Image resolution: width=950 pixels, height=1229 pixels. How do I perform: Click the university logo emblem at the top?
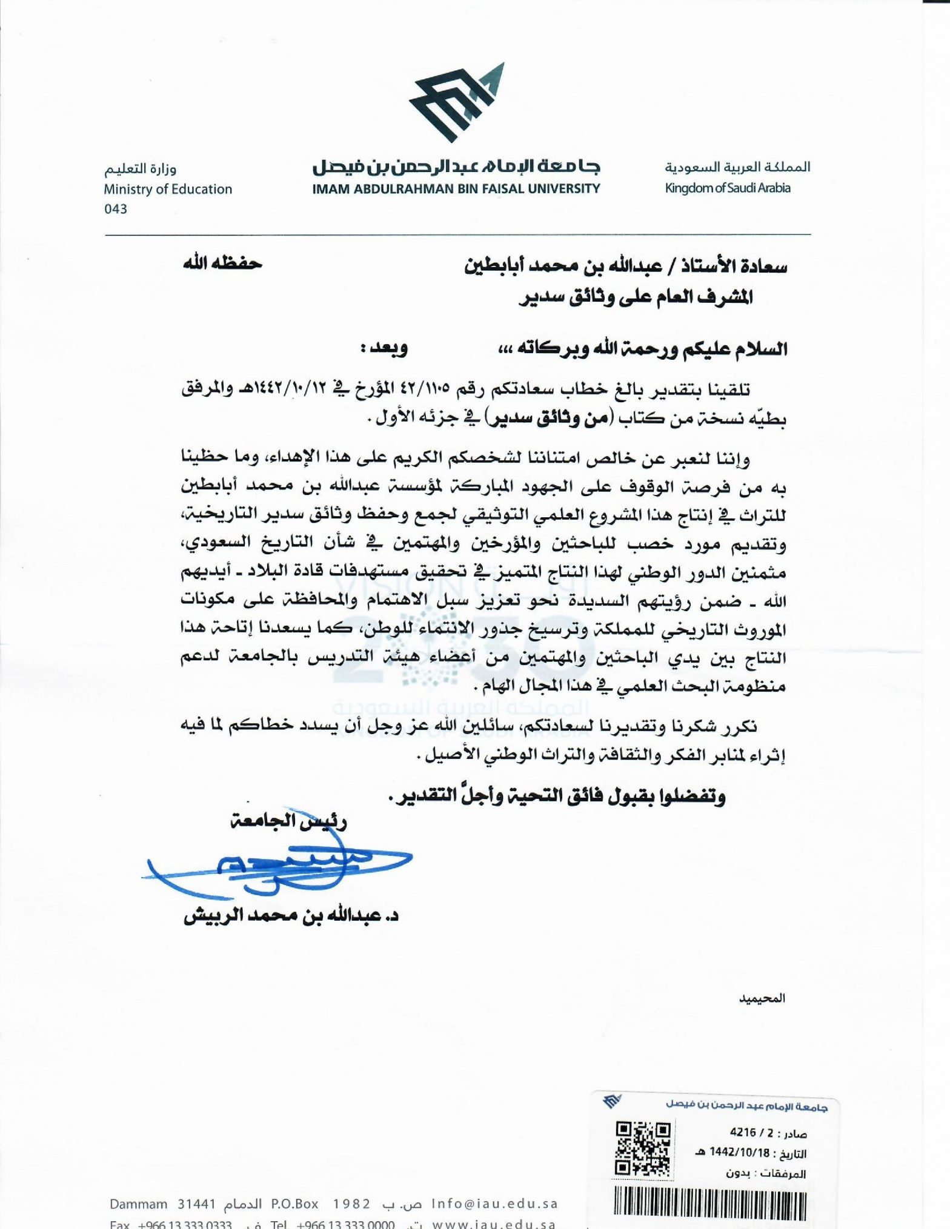coord(456,103)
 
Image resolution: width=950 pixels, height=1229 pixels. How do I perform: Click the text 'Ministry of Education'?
coord(168,189)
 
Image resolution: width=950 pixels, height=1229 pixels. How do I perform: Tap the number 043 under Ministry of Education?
coord(116,209)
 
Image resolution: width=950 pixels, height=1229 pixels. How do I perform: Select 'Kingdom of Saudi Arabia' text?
coord(728,188)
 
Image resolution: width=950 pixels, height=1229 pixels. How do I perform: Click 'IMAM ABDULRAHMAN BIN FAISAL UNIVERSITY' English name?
coord(456,188)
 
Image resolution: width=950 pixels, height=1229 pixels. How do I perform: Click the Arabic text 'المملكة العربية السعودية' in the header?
coord(737,167)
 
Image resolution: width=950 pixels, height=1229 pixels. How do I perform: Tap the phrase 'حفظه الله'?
coord(223,264)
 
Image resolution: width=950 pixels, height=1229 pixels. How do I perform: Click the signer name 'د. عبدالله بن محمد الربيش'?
coord(291,916)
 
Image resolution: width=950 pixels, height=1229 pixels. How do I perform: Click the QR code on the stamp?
coord(643,1148)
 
